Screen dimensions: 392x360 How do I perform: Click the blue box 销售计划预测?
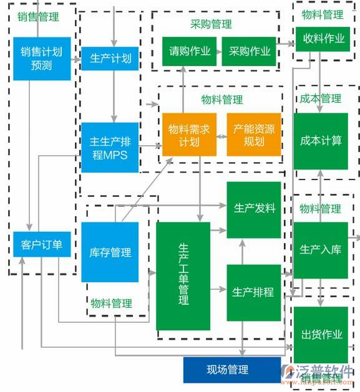pos(42,59)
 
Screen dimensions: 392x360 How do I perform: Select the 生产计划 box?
pos(110,59)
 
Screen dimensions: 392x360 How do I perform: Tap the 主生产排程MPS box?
pos(110,147)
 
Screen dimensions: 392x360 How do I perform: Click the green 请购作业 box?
pos(189,52)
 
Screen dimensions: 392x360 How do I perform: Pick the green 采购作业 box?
pos(250,52)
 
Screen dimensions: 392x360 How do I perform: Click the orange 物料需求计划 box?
pos(189,135)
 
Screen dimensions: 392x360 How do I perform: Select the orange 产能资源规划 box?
pos(254,135)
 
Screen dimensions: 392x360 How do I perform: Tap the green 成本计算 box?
pos(321,141)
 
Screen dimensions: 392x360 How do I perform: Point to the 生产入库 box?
pos(321,250)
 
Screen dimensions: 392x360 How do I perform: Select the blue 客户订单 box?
pos(41,244)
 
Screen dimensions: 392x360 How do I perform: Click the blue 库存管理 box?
pos(110,252)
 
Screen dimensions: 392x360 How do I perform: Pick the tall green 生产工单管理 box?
pos(183,275)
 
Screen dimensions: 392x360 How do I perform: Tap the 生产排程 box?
pos(253,292)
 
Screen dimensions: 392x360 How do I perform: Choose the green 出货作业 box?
pos(321,334)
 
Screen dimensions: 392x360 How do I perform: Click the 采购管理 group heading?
pos(211,25)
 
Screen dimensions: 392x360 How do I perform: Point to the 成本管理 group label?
pos(320,99)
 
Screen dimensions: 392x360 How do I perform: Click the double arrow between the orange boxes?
pos(221,135)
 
